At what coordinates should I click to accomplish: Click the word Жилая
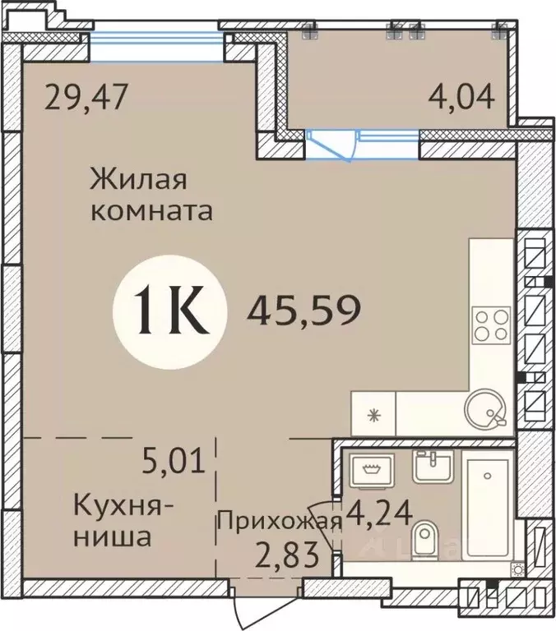tap(140, 178)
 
